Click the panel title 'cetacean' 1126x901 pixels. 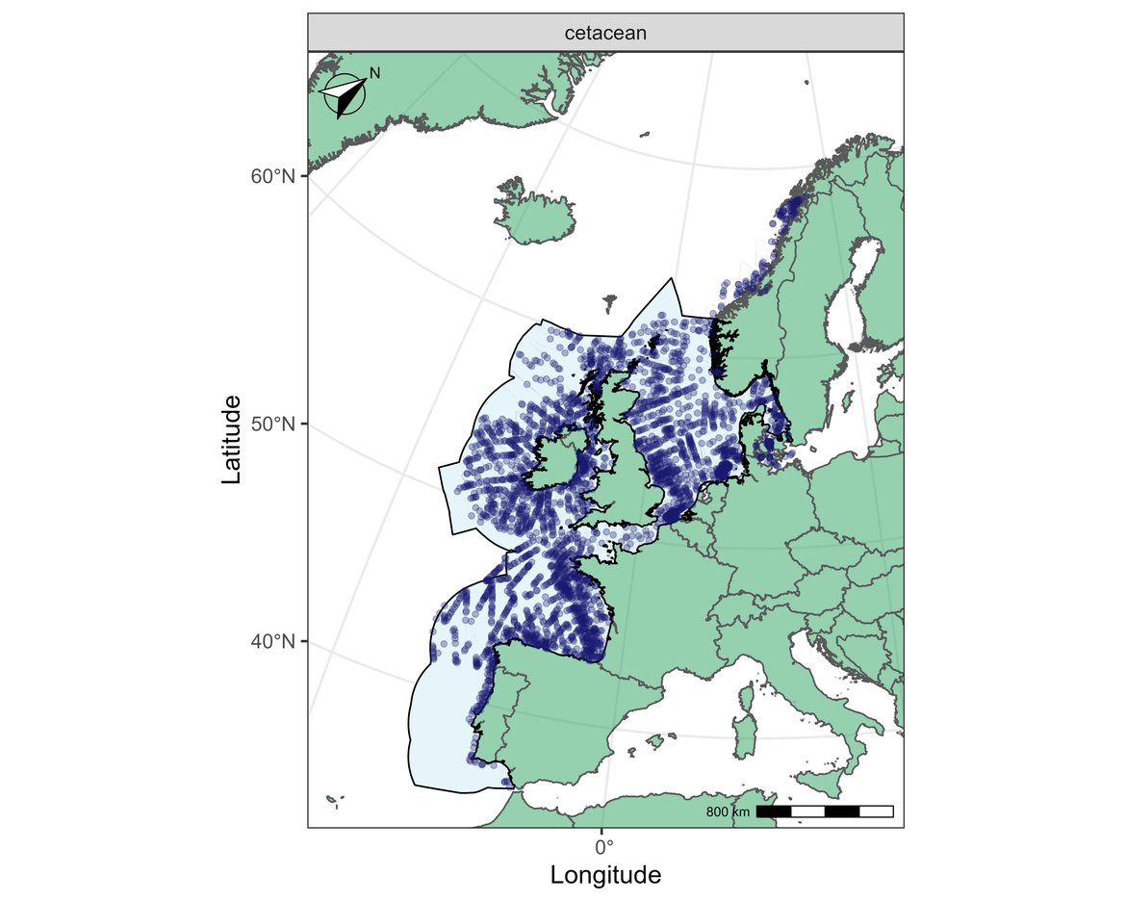click(x=605, y=33)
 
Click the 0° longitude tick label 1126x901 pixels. click(x=603, y=847)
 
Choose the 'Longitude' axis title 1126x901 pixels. click(x=605, y=875)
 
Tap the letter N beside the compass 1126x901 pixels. click(x=375, y=73)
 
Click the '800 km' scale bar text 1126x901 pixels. click(x=728, y=812)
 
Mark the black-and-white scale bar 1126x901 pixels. click(x=825, y=811)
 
